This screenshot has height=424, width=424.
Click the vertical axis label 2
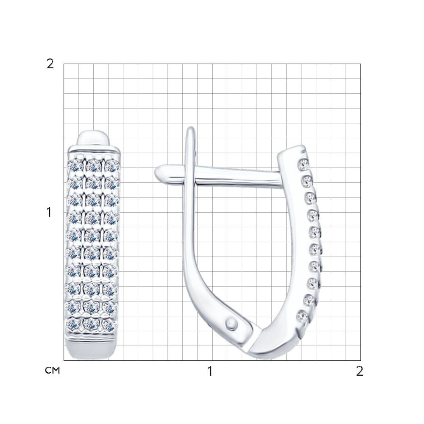[50, 64]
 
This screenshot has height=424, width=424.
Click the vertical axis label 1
[49, 212]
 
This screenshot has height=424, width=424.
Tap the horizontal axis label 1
[210, 371]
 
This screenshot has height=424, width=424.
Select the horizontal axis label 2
[360, 371]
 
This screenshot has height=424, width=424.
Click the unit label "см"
[53, 370]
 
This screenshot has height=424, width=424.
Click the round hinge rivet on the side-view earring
[231, 323]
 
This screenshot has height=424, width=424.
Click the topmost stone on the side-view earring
[303, 165]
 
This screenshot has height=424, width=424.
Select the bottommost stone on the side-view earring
[303, 316]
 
